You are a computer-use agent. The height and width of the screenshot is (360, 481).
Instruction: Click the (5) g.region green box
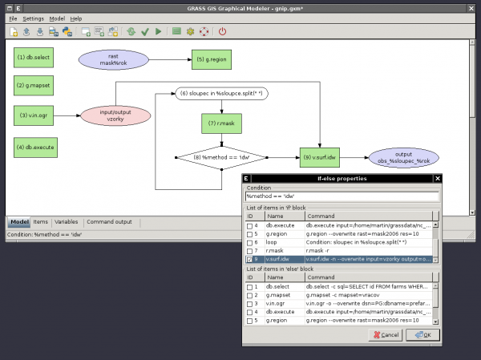pos(209,59)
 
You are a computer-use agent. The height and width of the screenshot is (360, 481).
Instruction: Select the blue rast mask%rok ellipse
pos(111,59)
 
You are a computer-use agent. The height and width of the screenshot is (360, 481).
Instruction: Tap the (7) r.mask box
pos(220,123)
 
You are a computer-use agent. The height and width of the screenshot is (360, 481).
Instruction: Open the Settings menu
pos(33,18)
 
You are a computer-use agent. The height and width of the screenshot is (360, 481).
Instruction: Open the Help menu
pos(76,18)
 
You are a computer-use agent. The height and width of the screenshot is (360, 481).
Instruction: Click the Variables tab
pos(66,221)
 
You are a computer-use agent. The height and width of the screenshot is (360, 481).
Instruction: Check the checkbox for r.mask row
pos(250,250)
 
